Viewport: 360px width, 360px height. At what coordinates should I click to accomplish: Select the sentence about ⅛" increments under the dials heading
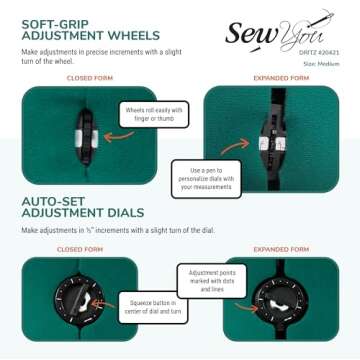120,231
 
